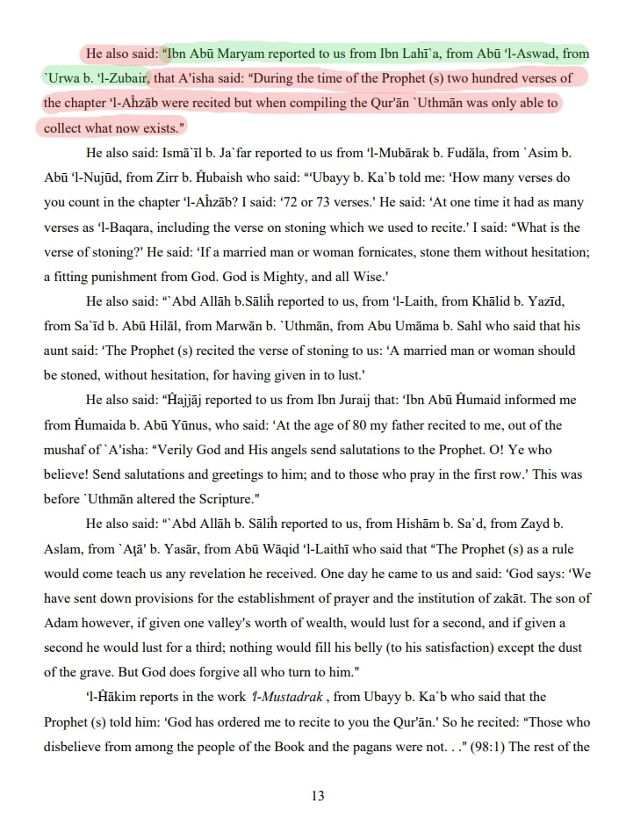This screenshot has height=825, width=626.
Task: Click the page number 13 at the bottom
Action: (x=318, y=796)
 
